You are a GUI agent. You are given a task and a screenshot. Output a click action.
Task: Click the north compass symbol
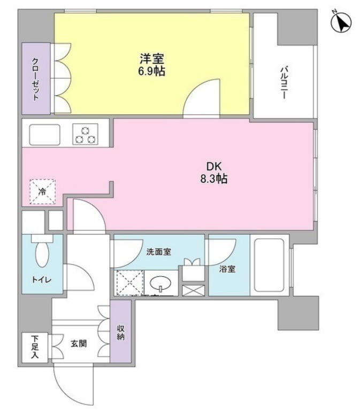[x=341, y=22]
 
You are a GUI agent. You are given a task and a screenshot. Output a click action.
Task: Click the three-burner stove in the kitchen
[x=85, y=134]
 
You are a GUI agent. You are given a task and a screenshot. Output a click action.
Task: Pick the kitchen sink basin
[x=44, y=134]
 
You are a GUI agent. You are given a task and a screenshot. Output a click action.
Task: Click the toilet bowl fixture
[x=41, y=252]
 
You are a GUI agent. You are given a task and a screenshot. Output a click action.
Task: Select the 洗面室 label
[x=159, y=252]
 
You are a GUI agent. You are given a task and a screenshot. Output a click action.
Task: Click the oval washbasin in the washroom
[x=158, y=283]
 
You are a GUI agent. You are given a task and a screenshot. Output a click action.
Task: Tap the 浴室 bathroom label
[x=227, y=269]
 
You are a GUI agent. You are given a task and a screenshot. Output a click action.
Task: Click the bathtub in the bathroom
[x=270, y=265]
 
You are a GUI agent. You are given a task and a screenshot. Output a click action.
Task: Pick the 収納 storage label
[x=121, y=332]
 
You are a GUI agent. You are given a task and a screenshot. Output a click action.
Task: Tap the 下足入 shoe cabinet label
[x=34, y=348]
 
